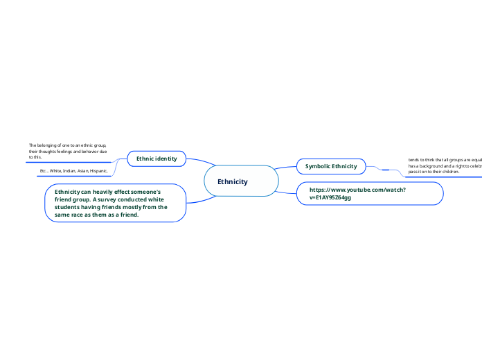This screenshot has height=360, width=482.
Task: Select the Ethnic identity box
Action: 157,159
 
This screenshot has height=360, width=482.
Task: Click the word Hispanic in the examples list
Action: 98,170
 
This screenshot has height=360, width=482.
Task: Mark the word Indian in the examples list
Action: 72,170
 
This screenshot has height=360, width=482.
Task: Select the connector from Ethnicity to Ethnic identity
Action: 198,161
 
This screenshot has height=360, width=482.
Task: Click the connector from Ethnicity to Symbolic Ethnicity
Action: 285,168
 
